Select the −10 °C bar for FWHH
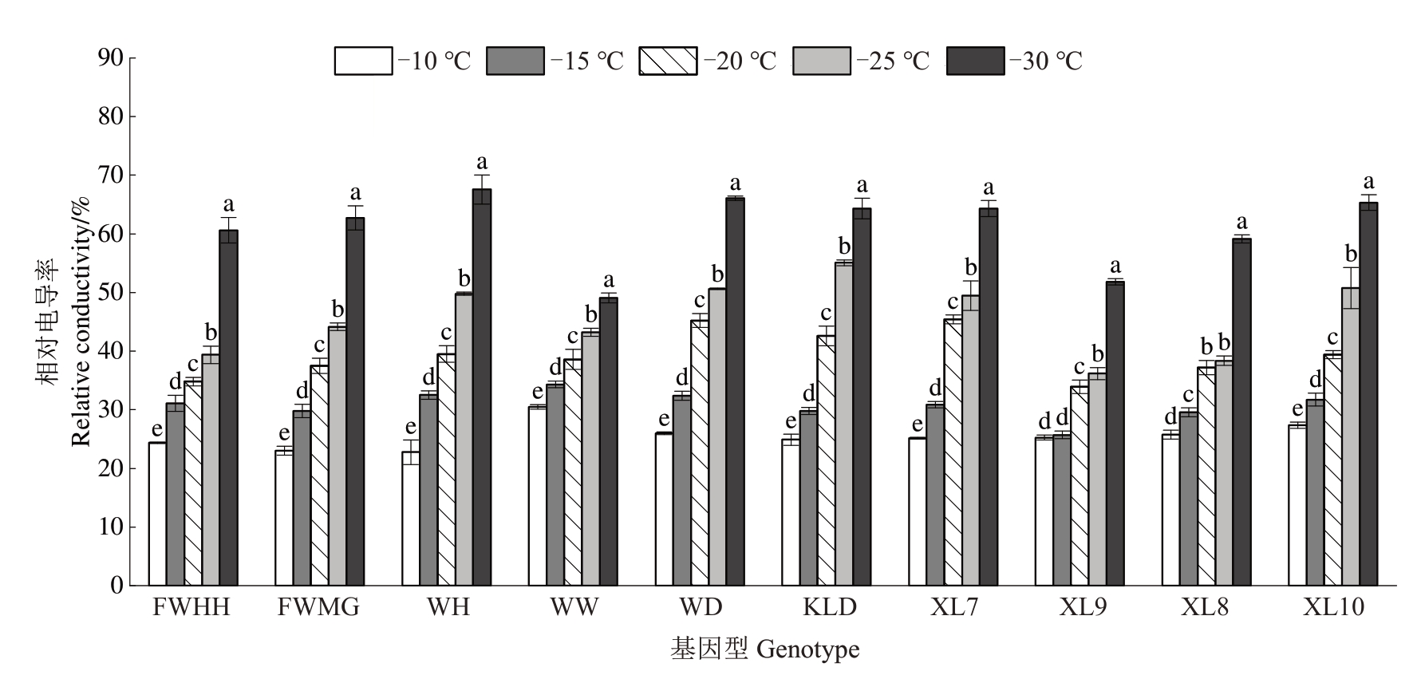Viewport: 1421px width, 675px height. click(157, 514)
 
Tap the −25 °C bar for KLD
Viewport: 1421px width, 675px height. click(843, 424)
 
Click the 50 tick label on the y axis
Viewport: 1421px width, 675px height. click(110, 293)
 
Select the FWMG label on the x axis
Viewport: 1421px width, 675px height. click(318, 608)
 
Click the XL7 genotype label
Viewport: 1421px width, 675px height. click(953, 608)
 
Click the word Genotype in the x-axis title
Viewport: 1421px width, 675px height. click(807, 649)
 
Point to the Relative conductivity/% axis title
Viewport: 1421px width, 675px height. click(82, 322)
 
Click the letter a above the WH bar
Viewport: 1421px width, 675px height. click(482, 161)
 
